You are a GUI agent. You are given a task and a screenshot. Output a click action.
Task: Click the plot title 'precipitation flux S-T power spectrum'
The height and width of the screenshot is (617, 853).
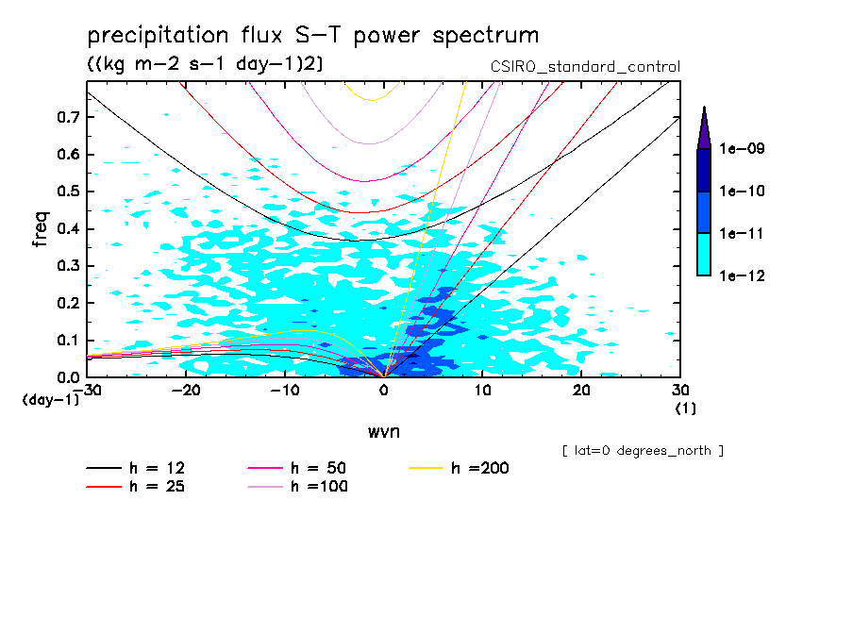[x=312, y=37]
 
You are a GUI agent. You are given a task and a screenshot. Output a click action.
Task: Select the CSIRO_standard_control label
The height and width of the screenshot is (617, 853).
[x=585, y=67]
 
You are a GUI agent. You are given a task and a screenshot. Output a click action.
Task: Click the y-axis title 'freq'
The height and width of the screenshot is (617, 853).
[x=41, y=229]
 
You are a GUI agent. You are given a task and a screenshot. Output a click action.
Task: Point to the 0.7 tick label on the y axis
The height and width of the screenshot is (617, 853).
[x=67, y=117]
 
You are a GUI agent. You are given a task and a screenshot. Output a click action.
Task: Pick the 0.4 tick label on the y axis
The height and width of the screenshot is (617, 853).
[x=67, y=229]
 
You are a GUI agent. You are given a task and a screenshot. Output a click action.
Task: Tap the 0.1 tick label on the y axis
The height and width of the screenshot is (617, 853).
[x=67, y=341]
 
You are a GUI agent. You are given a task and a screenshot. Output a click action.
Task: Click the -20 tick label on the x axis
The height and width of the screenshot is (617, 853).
[x=186, y=391]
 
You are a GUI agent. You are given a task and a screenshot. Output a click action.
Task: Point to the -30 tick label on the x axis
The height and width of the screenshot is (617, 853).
[x=87, y=391]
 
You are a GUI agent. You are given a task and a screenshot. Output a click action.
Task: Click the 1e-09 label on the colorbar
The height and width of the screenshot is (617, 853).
[x=743, y=149]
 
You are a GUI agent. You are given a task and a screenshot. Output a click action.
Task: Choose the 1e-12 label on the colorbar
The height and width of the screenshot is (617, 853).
[x=743, y=275]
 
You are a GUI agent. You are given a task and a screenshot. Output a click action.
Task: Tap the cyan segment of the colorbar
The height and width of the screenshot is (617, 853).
[x=704, y=254]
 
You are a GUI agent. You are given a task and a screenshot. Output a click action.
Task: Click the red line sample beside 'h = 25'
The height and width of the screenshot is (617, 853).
[x=104, y=487]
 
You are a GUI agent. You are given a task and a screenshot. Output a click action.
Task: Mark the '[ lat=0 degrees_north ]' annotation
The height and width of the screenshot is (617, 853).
[x=643, y=451]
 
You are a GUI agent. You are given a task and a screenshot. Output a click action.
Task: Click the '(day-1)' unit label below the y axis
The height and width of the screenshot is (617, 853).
[x=50, y=400]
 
